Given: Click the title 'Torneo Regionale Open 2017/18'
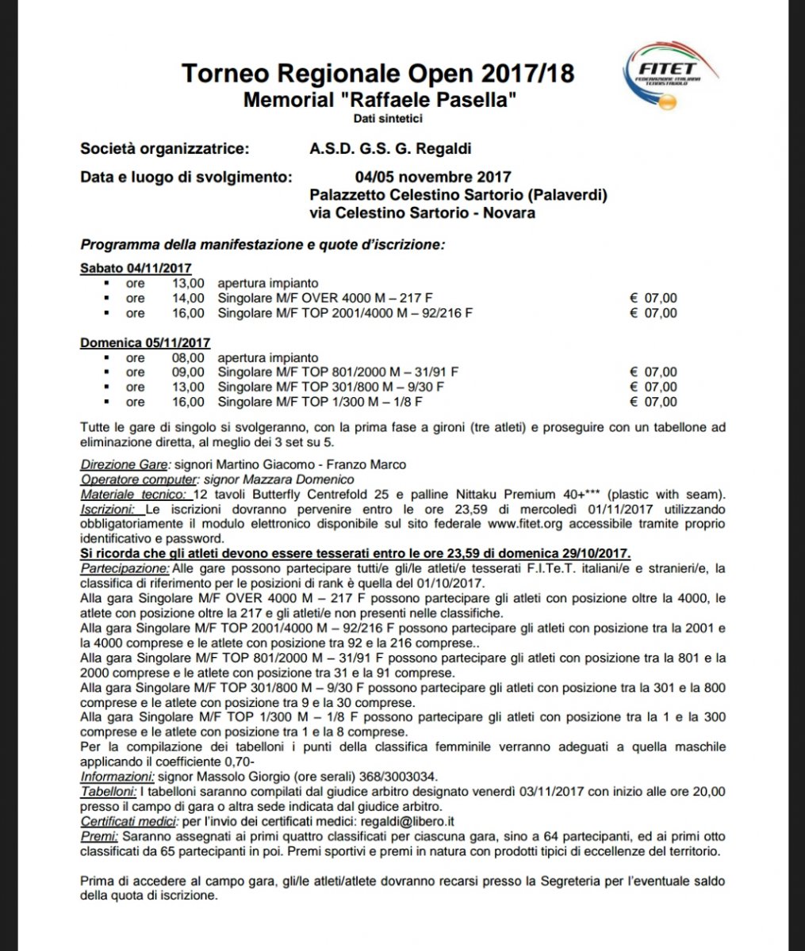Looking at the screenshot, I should [x=378, y=74].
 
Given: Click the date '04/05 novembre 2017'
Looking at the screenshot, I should [x=433, y=177].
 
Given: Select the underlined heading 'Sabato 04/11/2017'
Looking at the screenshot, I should [x=136, y=268].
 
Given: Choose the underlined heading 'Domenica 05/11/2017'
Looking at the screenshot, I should [x=144, y=343].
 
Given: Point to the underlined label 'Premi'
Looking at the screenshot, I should [x=101, y=836].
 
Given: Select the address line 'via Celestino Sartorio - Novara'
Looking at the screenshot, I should [x=422, y=213].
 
